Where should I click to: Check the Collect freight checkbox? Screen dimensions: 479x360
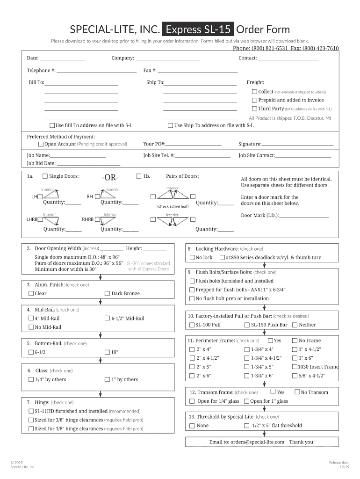tap(254, 92)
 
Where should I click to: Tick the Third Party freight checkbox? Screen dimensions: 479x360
tap(254, 109)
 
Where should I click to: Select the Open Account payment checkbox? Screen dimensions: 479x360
tap(41, 144)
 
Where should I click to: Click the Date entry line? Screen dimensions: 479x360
tap(62, 58)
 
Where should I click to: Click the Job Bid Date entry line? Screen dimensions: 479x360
tap(88, 164)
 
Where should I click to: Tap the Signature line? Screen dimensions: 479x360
tap(297, 145)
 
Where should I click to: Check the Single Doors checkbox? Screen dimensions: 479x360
tap(45, 176)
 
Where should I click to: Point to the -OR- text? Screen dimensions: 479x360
tap(109, 178)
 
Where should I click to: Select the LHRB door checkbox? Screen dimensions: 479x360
tap(41, 219)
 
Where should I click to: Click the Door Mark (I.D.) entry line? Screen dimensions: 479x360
tap(304, 216)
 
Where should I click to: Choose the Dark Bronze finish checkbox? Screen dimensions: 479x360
tap(108, 294)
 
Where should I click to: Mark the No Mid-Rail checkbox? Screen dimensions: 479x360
tap(31, 327)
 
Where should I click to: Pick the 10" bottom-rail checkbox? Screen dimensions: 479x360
tap(108, 352)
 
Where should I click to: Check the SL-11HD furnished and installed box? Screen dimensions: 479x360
tap(31, 412)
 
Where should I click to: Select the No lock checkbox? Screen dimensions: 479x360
tap(192, 258)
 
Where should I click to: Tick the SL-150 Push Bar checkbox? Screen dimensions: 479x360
tap(247, 325)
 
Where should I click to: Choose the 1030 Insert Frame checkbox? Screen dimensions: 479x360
tap(295, 367)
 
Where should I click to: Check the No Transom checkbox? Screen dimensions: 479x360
tap(297, 392)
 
